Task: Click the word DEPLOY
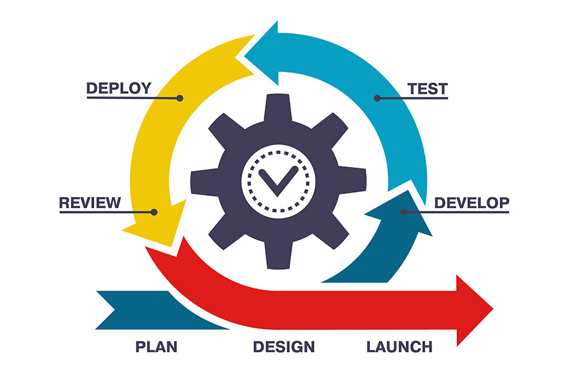[x=119, y=88]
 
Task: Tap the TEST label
[x=428, y=89]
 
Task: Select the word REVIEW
[x=90, y=203]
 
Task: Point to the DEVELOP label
[x=472, y=203]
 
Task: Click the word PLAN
[x=157, y=347]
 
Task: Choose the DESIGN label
[x=284, y=347]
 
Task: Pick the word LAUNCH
[x=399, y=347]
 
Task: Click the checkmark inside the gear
[x=278, y=180]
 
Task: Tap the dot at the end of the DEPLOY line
[x=180, y=98]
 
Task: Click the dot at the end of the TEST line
[x=377, y=98]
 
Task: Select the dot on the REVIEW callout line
[x=154, y=212]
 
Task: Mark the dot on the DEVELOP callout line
[x=404, y=212]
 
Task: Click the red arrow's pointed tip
[x=493, y=309]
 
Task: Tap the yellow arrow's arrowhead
[x=157, y=225]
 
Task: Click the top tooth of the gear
[x=278, y=107]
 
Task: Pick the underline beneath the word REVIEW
[x=107, y=212]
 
